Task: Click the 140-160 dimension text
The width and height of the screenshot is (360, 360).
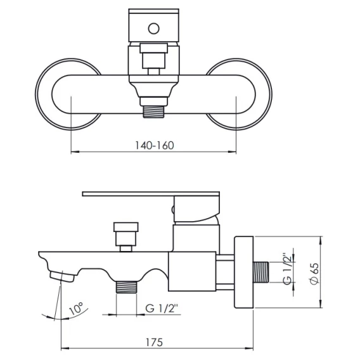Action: [154, 145]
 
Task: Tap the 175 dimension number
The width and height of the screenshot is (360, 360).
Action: [154, 342]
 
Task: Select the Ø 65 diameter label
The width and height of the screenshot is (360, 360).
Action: [314, 273]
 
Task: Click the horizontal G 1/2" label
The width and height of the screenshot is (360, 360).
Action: [162, 308]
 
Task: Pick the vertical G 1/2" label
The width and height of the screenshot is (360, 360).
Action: [288, 269]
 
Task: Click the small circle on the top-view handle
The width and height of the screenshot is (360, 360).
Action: [153, 29]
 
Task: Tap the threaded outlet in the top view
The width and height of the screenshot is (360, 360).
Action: [153, 112]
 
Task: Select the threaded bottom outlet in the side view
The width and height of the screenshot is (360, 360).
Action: [126, 287]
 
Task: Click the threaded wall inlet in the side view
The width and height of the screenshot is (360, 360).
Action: [261, 272]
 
